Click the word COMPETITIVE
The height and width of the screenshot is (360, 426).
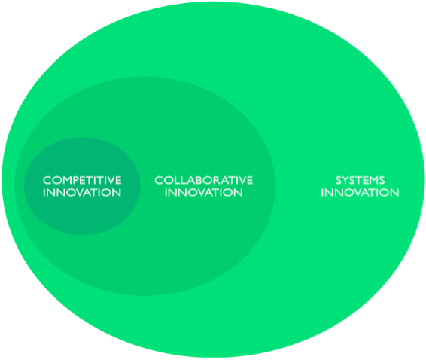tap(82, 180)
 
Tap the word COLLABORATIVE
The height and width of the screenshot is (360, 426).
tap(204, 180)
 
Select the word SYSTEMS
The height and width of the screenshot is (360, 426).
tap(361, 180)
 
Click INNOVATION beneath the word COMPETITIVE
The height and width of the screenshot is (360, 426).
tap(82, 193)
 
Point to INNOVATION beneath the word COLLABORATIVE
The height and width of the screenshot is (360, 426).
tap(203, 193)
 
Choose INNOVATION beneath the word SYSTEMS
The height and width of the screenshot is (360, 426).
tap(360, 193)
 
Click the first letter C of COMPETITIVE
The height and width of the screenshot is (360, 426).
tap(47, 180)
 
